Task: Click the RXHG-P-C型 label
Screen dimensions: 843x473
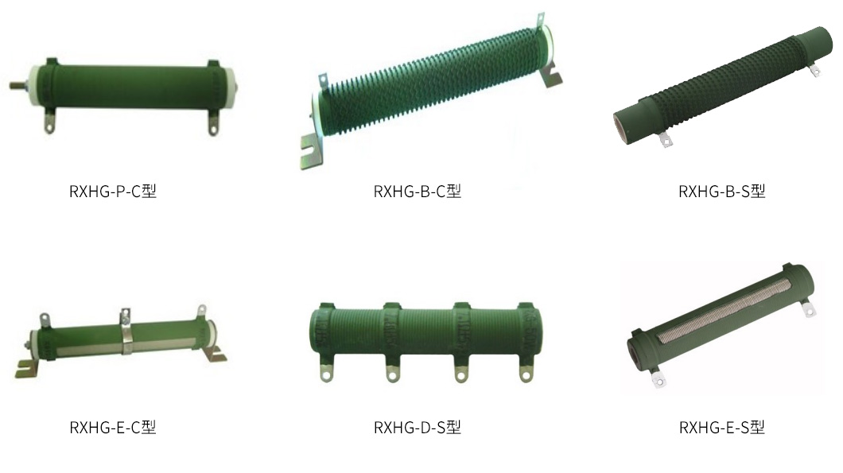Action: click(113, 192)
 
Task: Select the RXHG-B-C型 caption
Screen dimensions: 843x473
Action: click(418, 192)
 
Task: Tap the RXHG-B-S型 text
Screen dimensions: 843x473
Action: click(721, 192)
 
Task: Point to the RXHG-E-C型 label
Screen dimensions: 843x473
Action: click(113, 428)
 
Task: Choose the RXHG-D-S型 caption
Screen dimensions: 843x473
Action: click(418, 428)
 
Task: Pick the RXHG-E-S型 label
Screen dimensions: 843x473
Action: click(721, 428)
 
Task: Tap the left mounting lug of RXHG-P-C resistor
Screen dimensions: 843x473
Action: click(49, 122)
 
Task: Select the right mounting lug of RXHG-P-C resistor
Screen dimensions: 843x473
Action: click(213, 122)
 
